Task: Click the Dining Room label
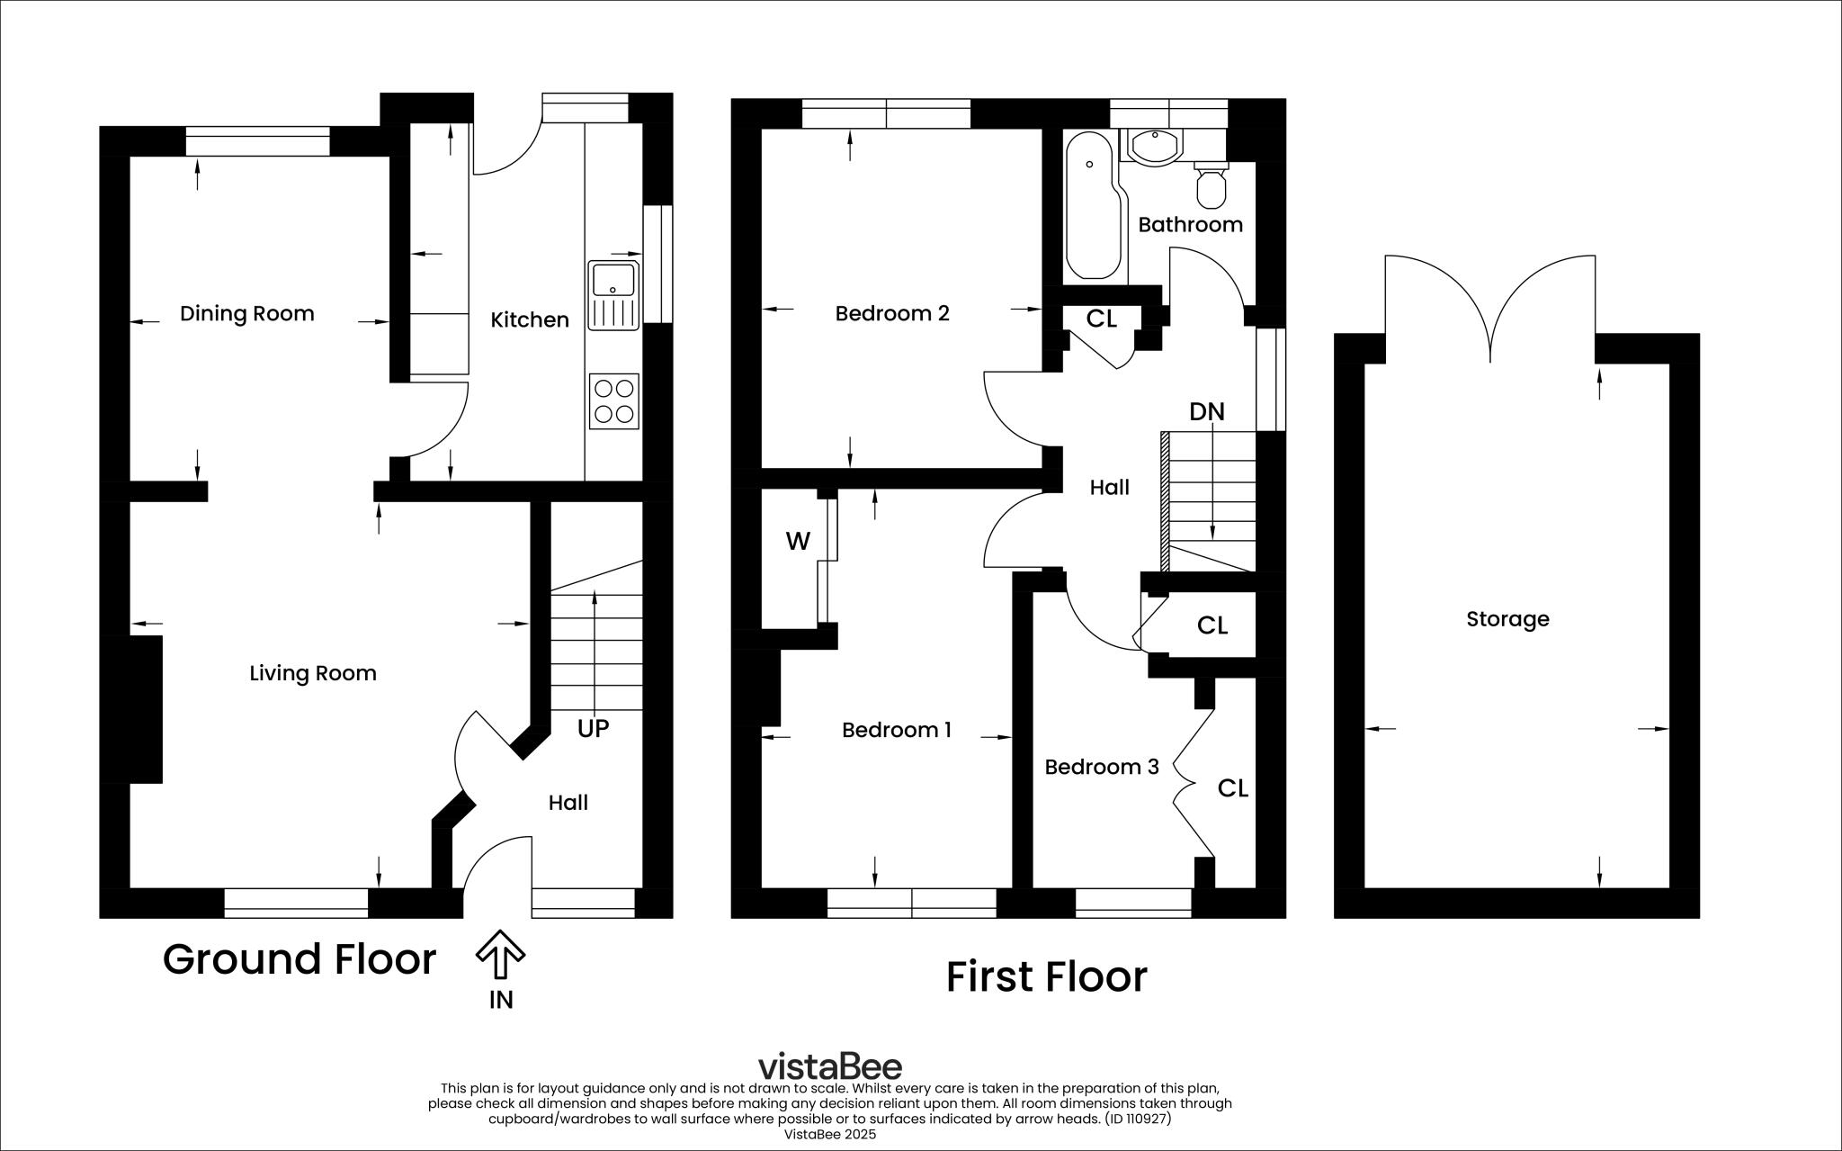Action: tap(247, 314)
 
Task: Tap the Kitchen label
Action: tap(530, 320)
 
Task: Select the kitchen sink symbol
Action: tap(613, 294)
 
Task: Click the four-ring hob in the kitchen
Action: tap(614, 401)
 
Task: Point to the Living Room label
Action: tap(313, 674)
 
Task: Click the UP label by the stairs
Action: tap(593, 728)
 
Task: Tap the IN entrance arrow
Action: tap(500, 955)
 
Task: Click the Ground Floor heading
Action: tap(300, 959)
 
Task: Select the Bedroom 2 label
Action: tap(892, 314)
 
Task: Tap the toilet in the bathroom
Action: tap(1211, 184)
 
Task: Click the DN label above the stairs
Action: tap(1207, 412)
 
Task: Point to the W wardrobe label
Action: tap(798, 542)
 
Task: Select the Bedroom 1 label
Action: tap(897, 730)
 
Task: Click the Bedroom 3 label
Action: tap(1102, 768)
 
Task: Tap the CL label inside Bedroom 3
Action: tap(1233, 789)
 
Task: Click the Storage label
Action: tap(1508, 619)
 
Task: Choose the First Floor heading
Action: tap(1047, 977)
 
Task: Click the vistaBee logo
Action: tap(830, 1066)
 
